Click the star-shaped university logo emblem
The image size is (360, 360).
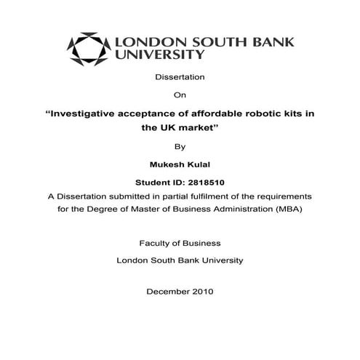(x=87, y=49)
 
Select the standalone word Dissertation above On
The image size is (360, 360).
(x=180, y=76)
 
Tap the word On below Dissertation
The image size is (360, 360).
(x=180, y=95)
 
